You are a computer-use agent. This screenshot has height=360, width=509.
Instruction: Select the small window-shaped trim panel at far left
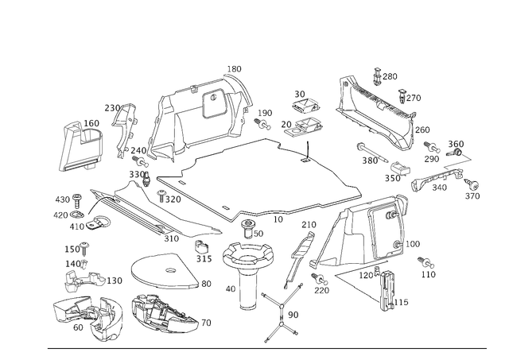(x=82, y=146)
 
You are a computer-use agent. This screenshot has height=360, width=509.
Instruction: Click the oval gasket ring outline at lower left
(x=160, y=273)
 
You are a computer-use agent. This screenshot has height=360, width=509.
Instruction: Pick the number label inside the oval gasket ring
(x=168, y=270)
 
